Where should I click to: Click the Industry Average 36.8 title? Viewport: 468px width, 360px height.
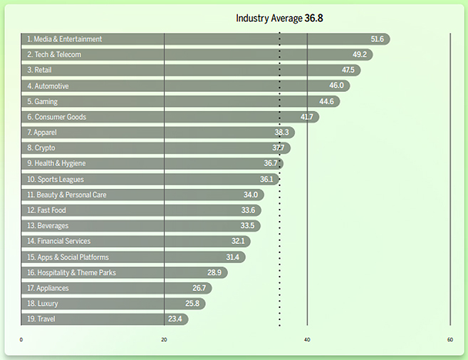click(x=279, y=18)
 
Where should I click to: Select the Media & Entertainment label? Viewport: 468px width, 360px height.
click(x=64, y=39)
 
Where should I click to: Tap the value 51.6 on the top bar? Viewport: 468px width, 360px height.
click(x=377, y=39)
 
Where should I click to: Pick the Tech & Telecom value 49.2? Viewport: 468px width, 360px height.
click(x=359, y=55)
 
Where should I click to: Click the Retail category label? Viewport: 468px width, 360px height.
click(x=39, y=71)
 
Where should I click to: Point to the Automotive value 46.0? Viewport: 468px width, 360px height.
click(x=336, y=86)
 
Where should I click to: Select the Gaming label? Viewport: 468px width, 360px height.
click(x=42, y=102)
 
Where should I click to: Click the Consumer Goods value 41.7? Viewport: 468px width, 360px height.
click(x=307, y=117)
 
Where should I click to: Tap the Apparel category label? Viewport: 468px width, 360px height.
click(x=41, y=133)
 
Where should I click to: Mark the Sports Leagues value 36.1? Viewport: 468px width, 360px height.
click(x=266, y=180)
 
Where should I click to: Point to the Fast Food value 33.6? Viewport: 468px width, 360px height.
click(x=248, y=210)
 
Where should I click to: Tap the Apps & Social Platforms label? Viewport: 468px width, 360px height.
click(x=68, y=257)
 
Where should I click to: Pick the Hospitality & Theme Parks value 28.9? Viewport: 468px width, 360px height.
click(x=214, y=273)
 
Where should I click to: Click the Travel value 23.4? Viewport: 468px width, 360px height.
click(x=176, y=319)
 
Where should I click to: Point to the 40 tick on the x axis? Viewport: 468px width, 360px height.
click(x=308, y=340)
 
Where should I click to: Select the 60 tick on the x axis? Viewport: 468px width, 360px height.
click(x=450, y=340)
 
